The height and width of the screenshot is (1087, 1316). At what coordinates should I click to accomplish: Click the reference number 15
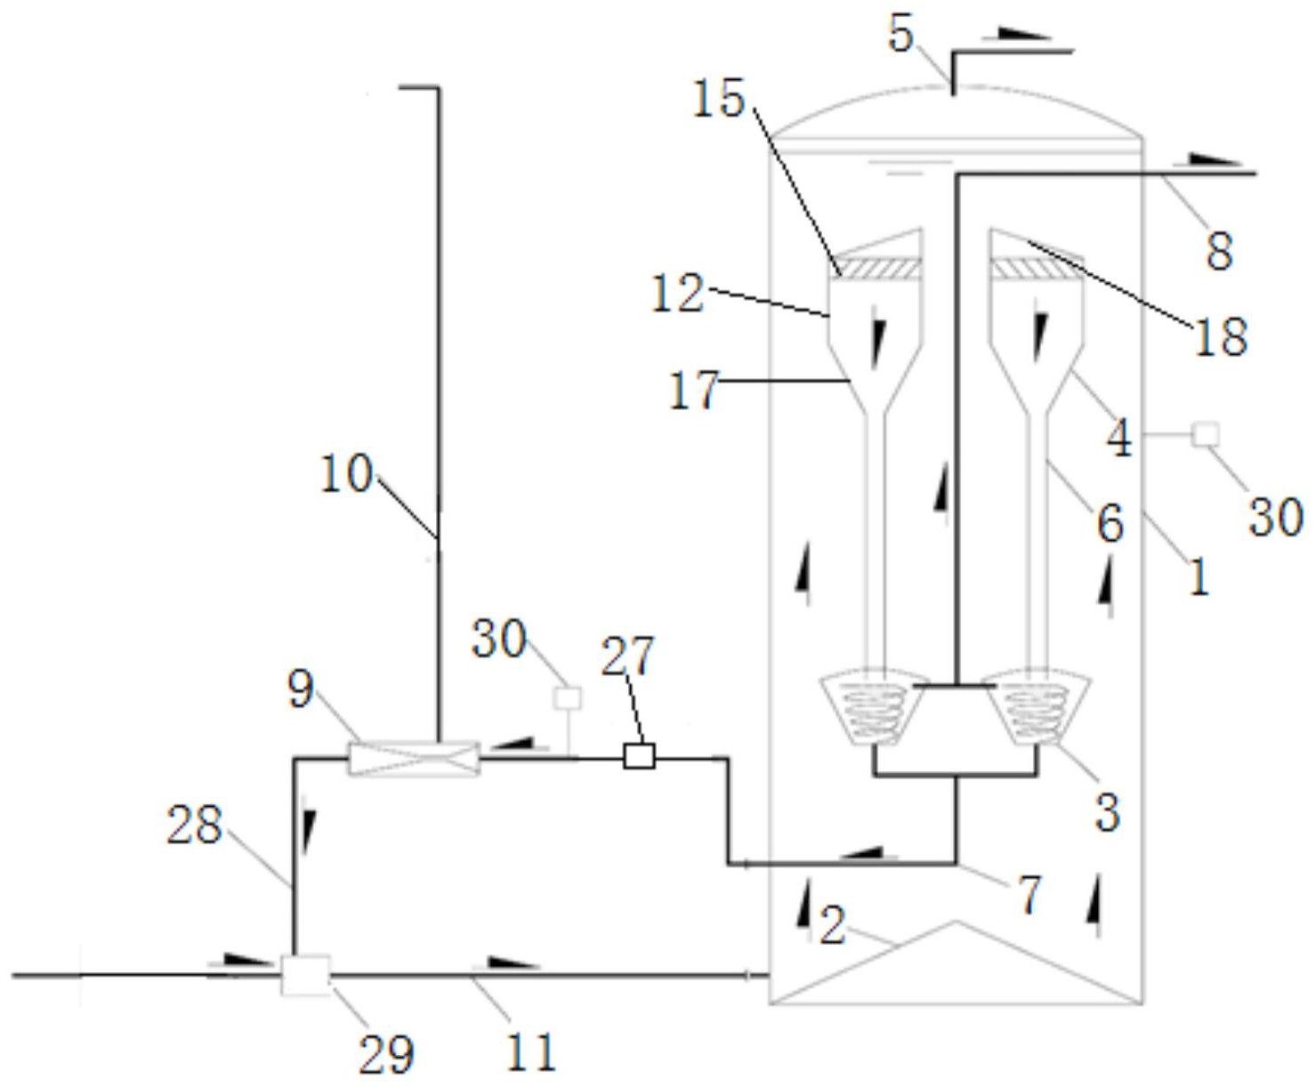pyautogui.click(x=719, y=99)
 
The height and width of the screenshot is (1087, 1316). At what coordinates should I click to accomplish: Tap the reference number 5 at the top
pyautogui.click(x=900, y=34)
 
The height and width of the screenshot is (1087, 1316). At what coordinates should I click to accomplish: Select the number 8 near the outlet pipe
pyautogui.click(x=1219, y=252)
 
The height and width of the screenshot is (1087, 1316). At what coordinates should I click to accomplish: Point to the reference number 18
pyautogui.click(x=1221, y=336)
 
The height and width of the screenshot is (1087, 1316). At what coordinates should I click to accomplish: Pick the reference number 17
pyautogui.click(x=694, y=391)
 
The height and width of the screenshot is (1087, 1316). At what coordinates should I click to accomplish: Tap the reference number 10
pyautogui.click(x=346, y=473)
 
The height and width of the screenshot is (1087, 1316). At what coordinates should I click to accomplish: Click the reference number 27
pyautogui.click(x=628, y=656)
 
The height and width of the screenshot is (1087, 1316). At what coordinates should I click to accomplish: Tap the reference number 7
pyautogui.click(x=1029, y=895)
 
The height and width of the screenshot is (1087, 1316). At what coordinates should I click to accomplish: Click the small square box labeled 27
pyautogui.click(x=639, y=756)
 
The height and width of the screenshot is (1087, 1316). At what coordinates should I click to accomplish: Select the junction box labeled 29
pyautogui.click(x=306, y=976)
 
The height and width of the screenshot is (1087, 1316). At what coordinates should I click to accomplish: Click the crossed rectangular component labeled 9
pyautogui.click(x=414, y=759)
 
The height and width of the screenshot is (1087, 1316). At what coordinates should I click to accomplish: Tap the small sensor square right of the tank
pyautogui.click(x=1205, y=434)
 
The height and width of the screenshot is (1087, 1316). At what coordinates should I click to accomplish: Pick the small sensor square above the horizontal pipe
pyautogui.click(x=568, y=698)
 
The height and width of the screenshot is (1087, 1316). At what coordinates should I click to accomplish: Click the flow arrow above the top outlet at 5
pyautogui.click(x=1024, y=34)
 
